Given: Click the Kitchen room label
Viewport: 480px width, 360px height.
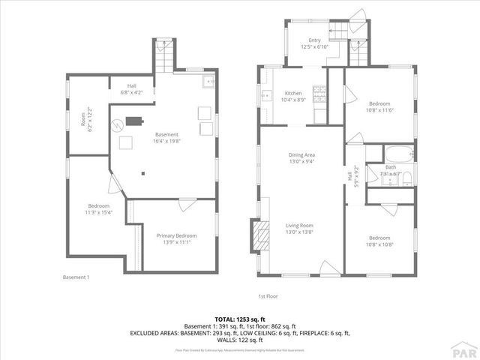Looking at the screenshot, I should click(292, 93).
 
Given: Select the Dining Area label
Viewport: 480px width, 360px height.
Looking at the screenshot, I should click(301, 154).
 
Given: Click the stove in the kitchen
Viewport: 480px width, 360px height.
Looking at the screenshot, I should click(319, 93).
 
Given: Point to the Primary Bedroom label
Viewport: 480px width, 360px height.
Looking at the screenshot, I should click(175, 235).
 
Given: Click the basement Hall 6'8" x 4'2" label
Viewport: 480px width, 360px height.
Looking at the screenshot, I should click(130, 89).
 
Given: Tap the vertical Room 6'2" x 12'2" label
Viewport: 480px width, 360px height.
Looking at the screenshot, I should click(86, 120).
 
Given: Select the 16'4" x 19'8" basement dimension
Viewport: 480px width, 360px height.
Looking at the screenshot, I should click(166, 141).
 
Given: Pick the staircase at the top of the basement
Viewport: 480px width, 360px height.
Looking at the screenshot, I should click(163, 53).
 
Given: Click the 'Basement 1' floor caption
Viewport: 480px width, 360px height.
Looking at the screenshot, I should click(76, 277).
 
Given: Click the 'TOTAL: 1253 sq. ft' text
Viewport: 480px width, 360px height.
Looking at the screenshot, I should click(239, 319).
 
